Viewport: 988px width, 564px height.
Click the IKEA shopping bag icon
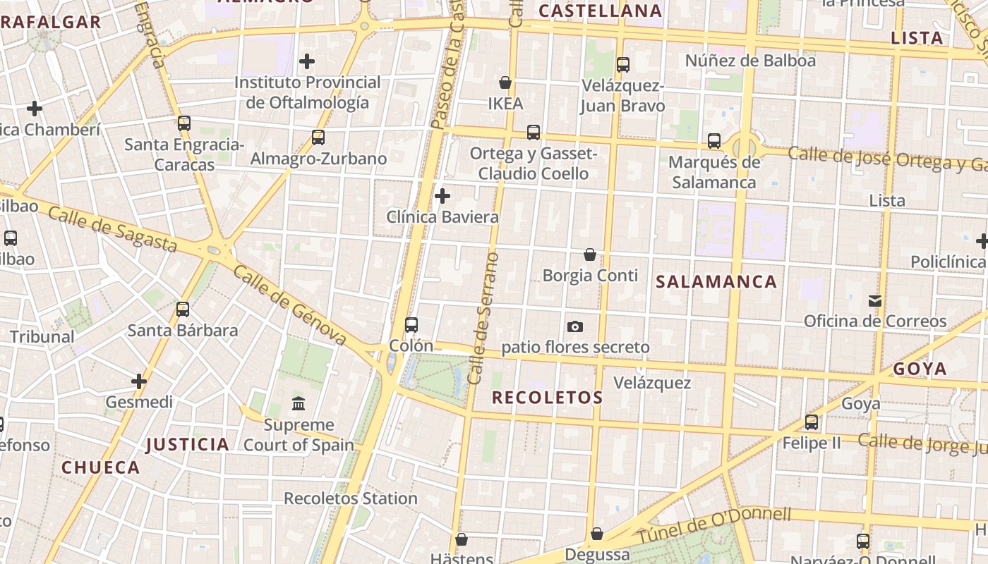tap(505, 82)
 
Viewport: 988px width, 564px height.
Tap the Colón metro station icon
tap(411, 325)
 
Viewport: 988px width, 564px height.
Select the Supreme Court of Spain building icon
tap(299, 404)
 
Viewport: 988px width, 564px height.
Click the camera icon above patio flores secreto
tap(575, 326)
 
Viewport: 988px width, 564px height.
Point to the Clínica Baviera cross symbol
tap(442, 195)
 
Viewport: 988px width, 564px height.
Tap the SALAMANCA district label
tap(716, 282)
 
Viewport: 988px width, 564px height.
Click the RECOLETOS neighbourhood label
tap(548, 398)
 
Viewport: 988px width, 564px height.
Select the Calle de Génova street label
tap(290, 306)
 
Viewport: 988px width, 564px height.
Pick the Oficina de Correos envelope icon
tap(875, 301)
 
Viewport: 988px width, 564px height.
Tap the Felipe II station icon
tap(812, 422)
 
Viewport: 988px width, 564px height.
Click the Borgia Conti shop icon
tap(590, 255)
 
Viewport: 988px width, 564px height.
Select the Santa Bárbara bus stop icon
tap(183, 309)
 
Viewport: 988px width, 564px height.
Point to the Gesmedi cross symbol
tap(139, 381)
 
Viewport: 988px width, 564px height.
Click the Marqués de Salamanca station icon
tap(714, 141)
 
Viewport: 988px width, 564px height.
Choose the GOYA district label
tap(920, 369)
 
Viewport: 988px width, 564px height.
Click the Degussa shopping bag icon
tap(597, 534)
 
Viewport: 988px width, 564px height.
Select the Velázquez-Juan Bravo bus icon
tap(623, 65)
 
